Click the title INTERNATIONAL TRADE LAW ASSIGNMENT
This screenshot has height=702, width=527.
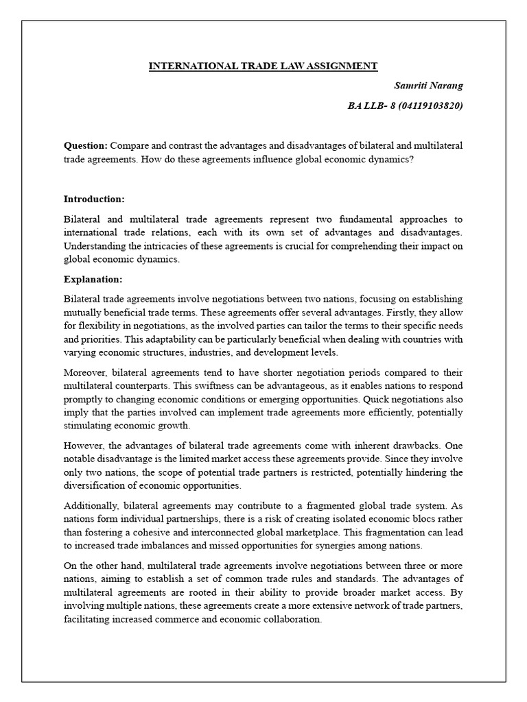(263, 66)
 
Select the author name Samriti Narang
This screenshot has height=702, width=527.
(428, 86)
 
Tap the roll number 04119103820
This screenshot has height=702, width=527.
(430, 106)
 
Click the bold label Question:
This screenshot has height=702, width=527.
(86, 145)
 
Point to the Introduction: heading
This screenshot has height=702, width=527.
(94, 199)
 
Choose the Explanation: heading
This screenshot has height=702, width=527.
(93, 279)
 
